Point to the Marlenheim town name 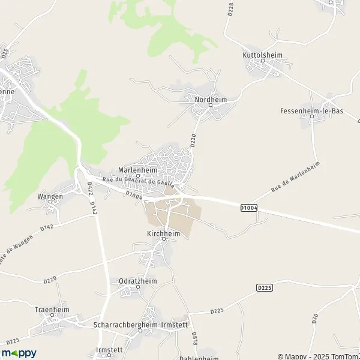point(137,169)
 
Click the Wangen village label point(50,196)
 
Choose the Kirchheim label point(163,233)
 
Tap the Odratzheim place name point(139,280)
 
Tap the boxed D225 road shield point(265,288)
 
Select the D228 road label point(230,10)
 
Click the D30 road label point(314,319)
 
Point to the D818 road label point(194,338)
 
